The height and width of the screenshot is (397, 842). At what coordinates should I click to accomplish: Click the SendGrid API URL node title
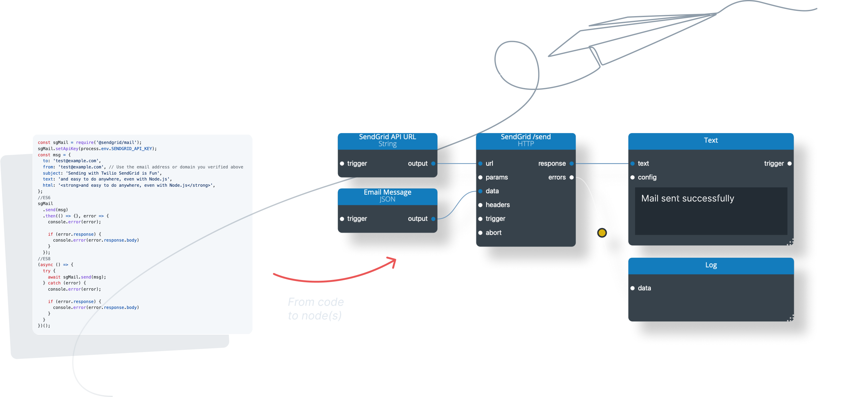pyautogui.click(x=387, y=137)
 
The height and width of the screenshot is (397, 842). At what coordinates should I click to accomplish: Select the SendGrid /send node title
pyautogui.click(x=526, y=137)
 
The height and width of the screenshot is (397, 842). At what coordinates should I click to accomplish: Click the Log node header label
pyautogui.click(x=711, y=265)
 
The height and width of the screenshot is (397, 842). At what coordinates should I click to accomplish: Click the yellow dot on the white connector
pyautogui.click(x=602, y=233)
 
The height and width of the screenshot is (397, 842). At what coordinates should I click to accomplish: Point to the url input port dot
pyautogui.click(x=480, y=164)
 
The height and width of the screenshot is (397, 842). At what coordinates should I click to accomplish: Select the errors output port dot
pyautogui.click(x=571, y=177)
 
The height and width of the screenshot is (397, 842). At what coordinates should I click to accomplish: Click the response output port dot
pyautogui.click(x=571, y=164)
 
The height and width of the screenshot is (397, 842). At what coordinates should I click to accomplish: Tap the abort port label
pyautogui.click(x=493, y=233)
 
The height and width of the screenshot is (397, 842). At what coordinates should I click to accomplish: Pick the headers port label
pyautogui.click(x=498, y=205)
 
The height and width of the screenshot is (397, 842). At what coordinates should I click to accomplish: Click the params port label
pyautogui.click(x=497, y=177)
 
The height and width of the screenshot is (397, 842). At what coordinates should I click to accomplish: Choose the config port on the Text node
pyautogui.click(x=633, y=177)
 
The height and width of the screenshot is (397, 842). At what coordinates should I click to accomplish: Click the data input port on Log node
pyautogui.click(x=633, y=288)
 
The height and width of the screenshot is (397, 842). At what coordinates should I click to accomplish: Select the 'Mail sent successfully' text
pyautogui.click(x=687, y=198)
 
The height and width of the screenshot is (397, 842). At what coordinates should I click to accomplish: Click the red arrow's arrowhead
pyautogui.click(x=393, y=261)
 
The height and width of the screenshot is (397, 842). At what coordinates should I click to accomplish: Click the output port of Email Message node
pyautogui.click(x=433, y=219)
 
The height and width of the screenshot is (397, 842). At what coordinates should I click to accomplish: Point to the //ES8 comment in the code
pyautogui.click(x=44, y=259)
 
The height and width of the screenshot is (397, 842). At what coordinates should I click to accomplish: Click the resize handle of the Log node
pyautogui.click(x=790, y=318)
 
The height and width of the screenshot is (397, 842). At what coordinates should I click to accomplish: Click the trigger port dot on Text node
pyautogui.click(x=789, y=164)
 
